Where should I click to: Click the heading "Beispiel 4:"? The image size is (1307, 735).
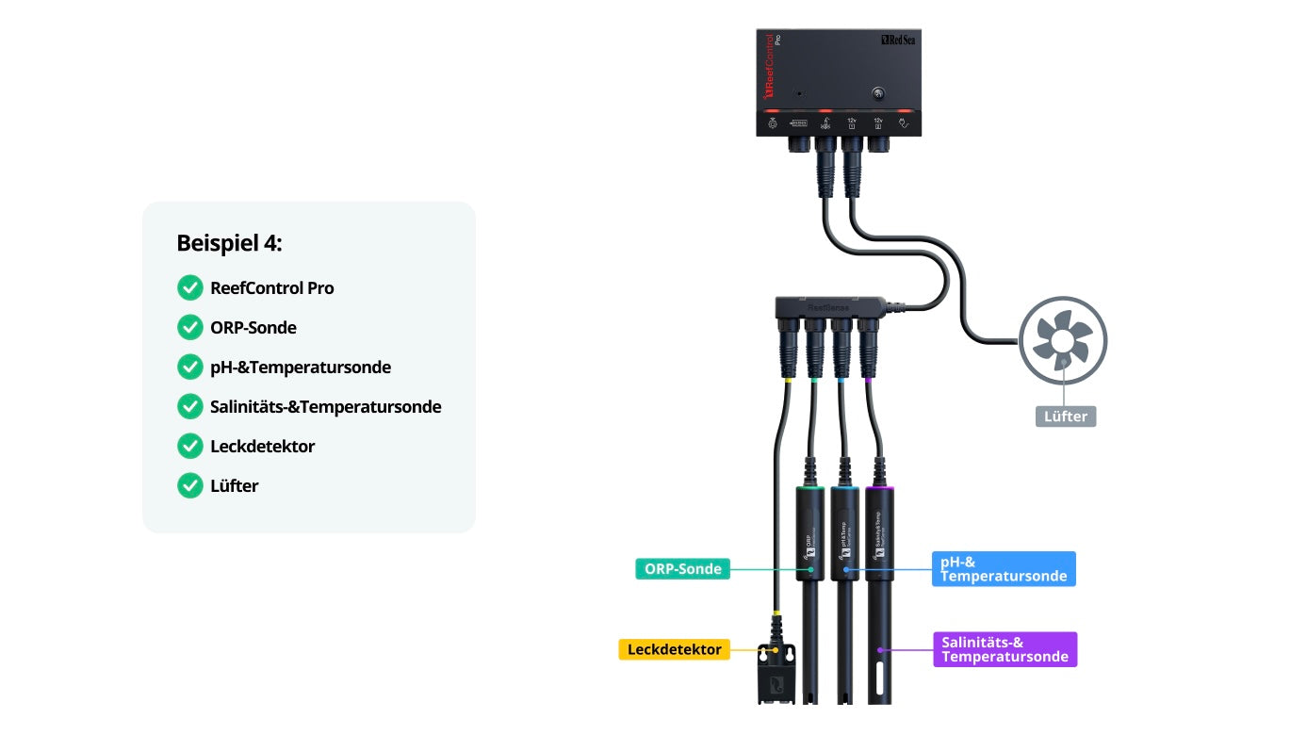pos(229,243)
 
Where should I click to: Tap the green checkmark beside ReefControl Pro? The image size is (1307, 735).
pos(189,287)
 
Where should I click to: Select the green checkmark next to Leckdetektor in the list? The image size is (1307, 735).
pos(189,446)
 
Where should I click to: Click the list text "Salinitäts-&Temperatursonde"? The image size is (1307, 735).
pos(325,407)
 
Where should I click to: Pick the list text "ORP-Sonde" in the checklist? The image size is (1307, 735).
pos(253,328)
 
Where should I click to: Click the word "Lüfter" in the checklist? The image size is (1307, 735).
pos(234,486)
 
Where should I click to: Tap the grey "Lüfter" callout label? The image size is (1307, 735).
pos(1066,416)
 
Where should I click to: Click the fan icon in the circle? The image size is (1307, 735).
pos(1063,339)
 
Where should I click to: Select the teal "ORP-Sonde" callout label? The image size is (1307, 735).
pos(682,569)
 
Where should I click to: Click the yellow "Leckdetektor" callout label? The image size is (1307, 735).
pos(674,649)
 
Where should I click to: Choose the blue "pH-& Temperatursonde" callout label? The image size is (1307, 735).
pos(1004,569)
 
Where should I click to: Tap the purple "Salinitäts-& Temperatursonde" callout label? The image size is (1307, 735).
pos(1005,649)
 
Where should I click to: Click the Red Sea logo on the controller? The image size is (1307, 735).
pos(899,41)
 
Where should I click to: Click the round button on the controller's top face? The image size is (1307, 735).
pos(878,93)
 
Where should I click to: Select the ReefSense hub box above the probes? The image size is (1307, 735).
pos(829,307)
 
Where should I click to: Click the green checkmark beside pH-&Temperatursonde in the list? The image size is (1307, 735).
pos(189,367)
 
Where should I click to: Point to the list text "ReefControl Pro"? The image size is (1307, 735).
pos(271,287)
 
